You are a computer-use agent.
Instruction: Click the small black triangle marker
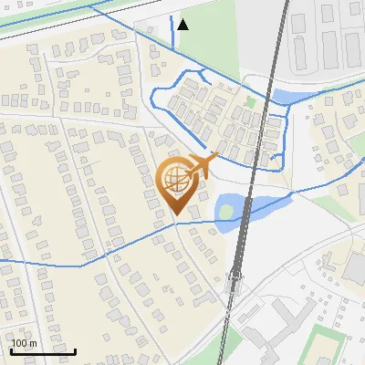click(183, 25)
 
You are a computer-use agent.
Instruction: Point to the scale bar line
click(43, 350)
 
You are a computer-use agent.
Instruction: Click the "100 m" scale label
click(24, 343)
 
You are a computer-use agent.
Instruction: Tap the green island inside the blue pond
click(225, 212)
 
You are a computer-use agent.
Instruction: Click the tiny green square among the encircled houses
click(249, 102)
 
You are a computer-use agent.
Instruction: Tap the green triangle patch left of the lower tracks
click(232, 345)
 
